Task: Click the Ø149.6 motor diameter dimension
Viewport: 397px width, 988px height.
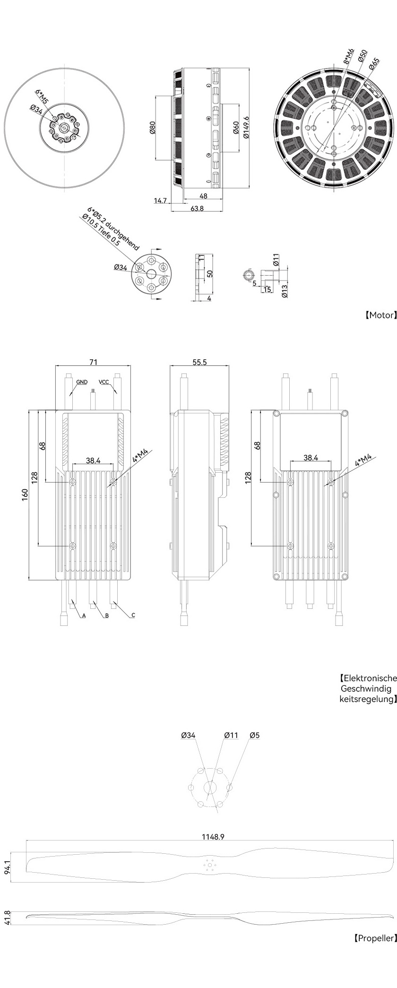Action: (246, 127)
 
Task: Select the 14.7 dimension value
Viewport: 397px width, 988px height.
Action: (161, 201)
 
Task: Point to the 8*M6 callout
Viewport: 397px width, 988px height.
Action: (348, 56)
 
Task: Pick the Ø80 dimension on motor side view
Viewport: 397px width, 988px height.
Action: (153, 128)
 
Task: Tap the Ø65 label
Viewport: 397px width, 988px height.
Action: (373, 64)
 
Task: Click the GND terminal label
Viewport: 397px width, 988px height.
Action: (82, 381)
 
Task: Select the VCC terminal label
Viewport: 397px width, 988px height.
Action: (104, 381)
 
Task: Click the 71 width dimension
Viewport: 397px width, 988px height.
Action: (94, 362)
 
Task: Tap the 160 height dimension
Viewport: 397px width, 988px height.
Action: (25, 494)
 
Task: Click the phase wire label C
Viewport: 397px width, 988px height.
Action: (133, 615)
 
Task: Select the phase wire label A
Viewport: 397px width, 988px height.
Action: (84, 616)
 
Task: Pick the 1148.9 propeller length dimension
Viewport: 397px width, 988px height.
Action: (213, 837)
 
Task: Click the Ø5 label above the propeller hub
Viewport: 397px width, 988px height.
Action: (255, 735)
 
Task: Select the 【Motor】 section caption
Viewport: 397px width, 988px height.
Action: (380, 315)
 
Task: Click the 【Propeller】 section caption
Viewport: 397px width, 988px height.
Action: (375, 937)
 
